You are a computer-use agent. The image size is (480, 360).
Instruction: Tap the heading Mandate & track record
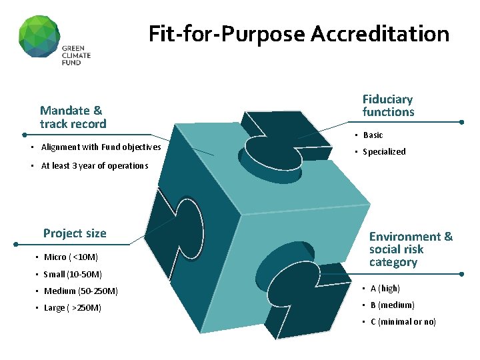click(x=73, y=117)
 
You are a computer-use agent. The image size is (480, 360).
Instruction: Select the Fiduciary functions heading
click(x=388, y=106)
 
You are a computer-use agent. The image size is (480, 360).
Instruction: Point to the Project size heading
click(x=75, y=233)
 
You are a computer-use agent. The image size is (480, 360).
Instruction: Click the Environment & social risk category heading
click(x=410, y=249)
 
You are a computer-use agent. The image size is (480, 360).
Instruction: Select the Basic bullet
click(x=373, y=135)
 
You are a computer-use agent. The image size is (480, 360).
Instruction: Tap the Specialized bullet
click(x=384, y=152)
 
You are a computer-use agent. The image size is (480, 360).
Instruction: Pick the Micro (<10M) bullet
click(x=71, y=257)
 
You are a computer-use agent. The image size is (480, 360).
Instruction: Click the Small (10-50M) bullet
click(x=73, y=274)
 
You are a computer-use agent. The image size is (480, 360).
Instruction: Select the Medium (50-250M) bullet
click(x=81, y=291)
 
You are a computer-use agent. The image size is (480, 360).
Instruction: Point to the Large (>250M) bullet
click(x=73, y=308)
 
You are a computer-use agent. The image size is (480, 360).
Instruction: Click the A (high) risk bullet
click(x=385, y=289)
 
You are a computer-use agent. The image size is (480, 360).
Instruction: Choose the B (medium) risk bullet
click(x=392, y=305)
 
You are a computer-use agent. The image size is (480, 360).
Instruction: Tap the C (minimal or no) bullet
click(x=403, y=322)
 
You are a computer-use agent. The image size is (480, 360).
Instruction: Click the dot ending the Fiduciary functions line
click(x=463, y=122)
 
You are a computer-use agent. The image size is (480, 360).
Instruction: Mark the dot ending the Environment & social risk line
click(x=463, y=274)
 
